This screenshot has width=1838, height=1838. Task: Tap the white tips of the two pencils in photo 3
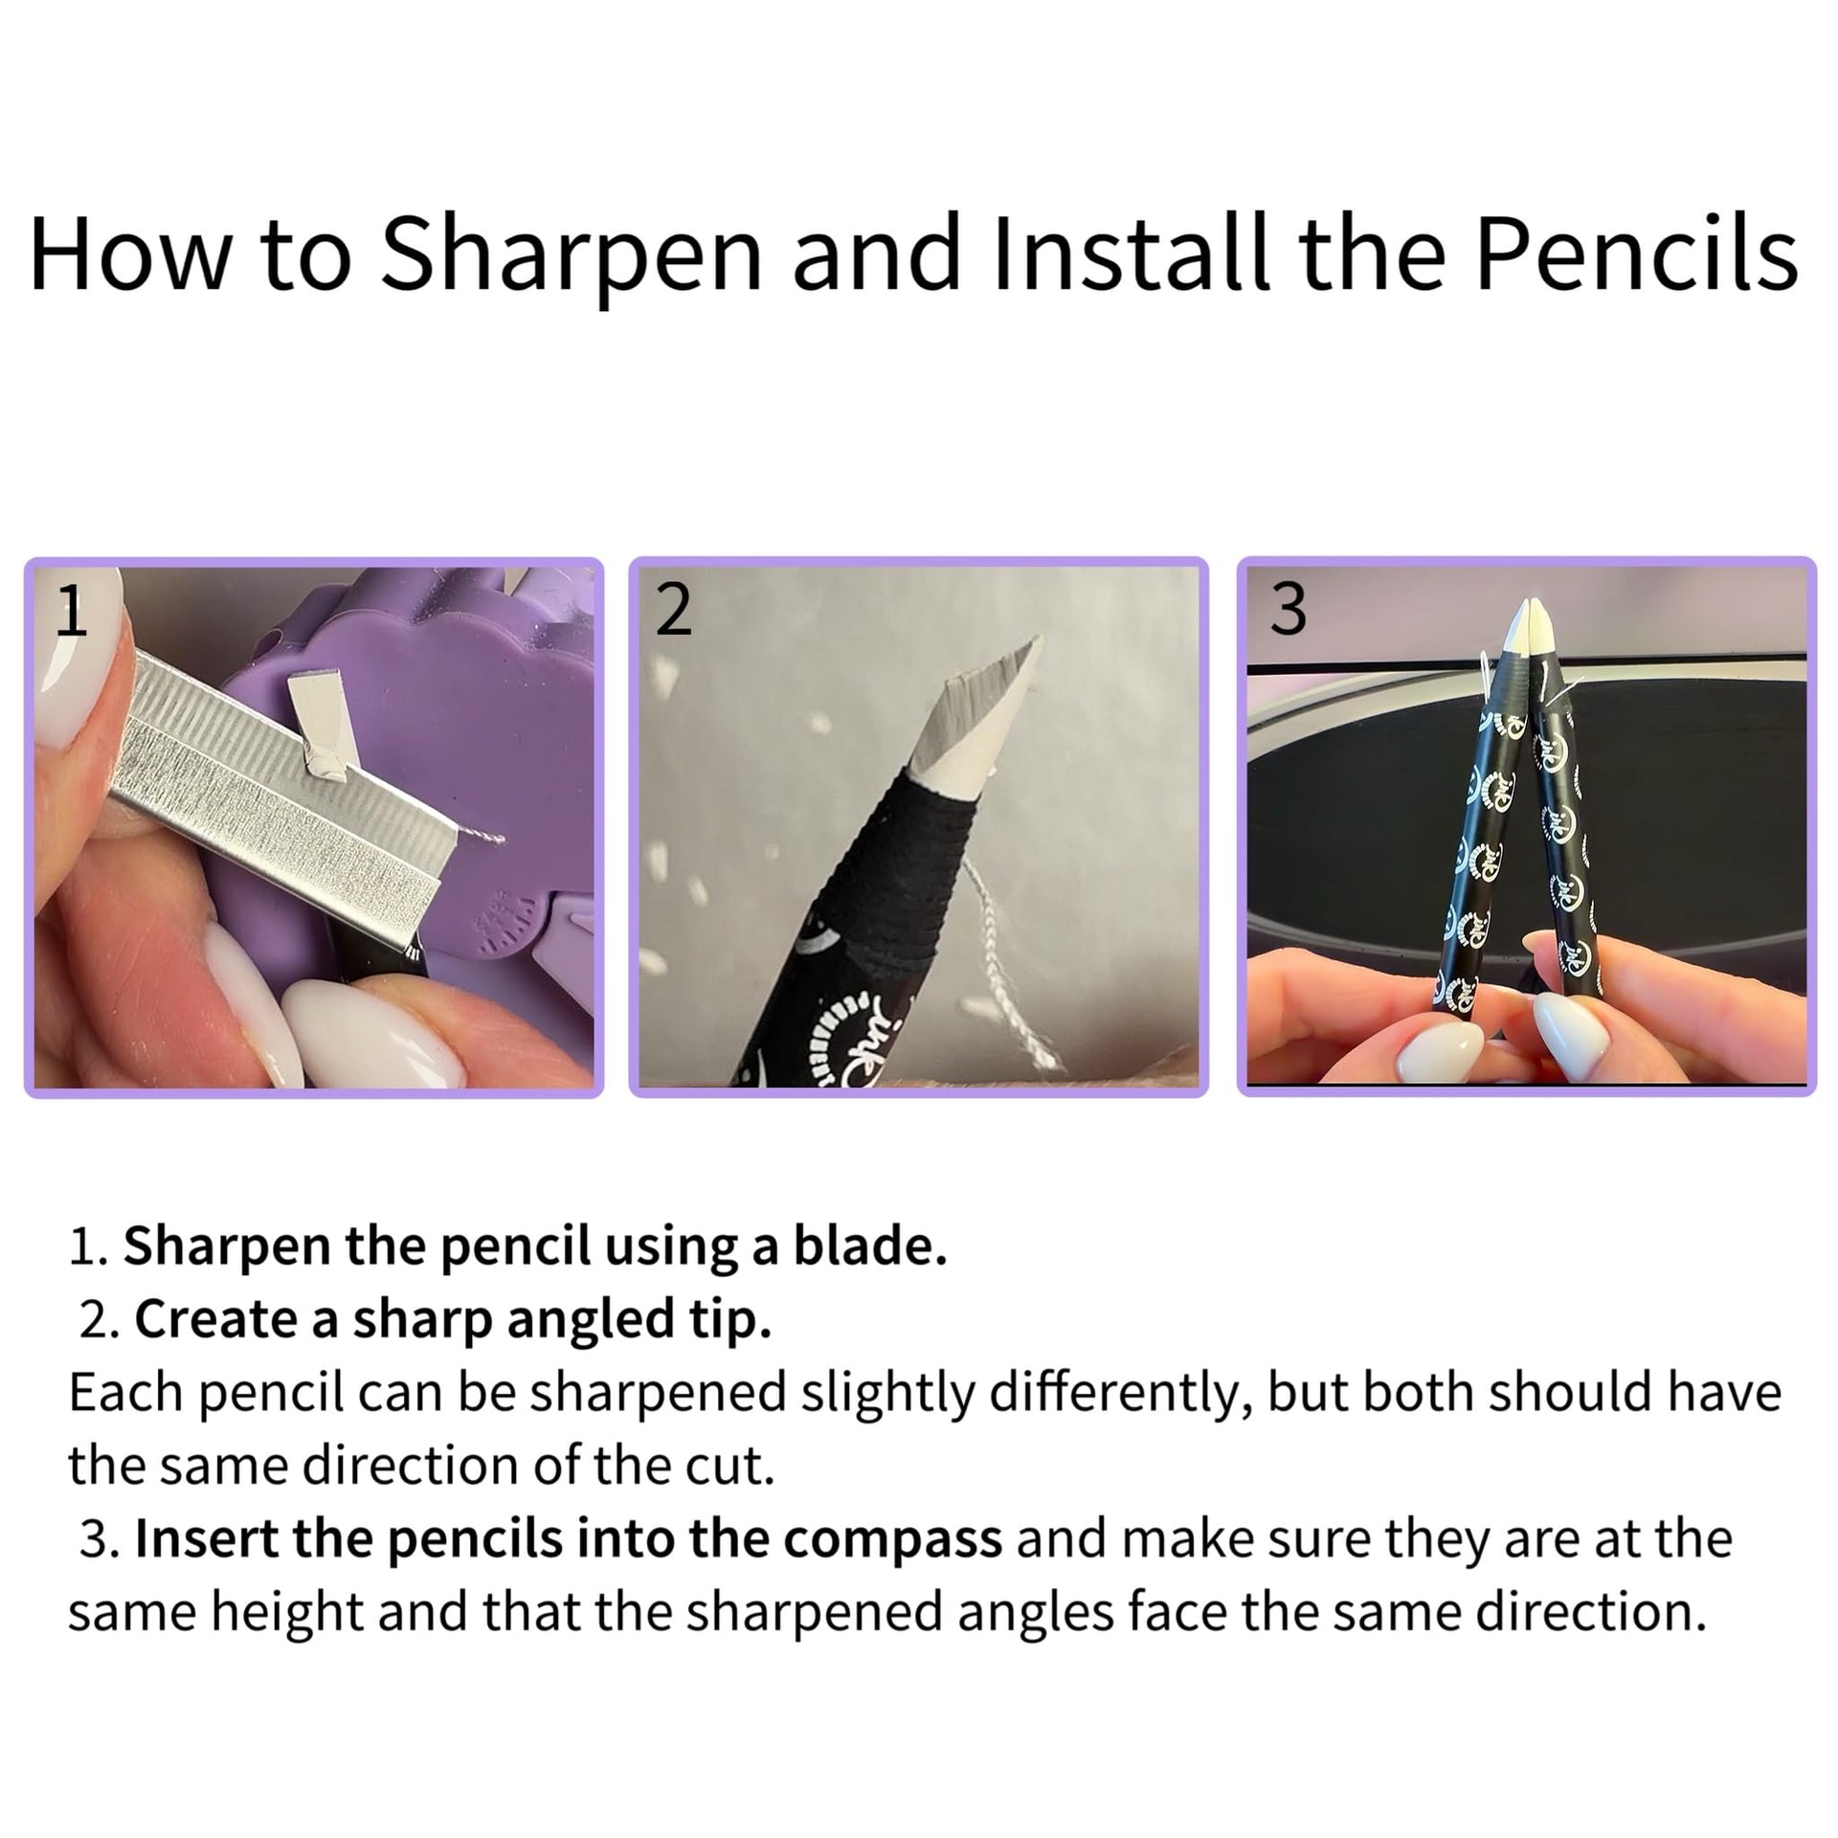(x=1530, y=632)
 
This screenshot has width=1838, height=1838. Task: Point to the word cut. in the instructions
(x=732, y=1467)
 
